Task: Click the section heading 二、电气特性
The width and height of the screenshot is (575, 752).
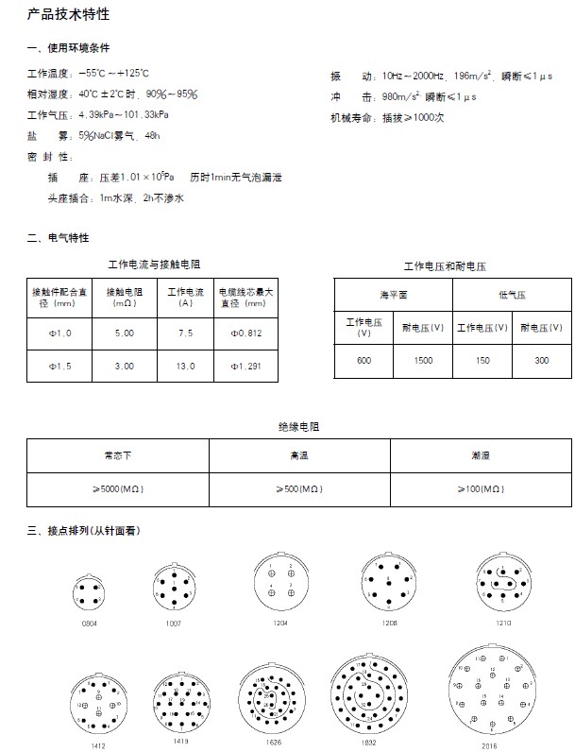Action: [x=59, y=237]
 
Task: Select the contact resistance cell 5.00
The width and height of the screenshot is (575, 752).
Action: [x=124, y=333]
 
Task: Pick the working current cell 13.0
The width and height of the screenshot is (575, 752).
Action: [x=186, y=366]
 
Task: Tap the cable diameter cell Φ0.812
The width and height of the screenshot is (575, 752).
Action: [x=246, y=333]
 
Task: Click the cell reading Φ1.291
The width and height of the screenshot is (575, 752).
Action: [x=246, y=366]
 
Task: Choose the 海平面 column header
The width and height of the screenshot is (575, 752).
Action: [x=393, y=295]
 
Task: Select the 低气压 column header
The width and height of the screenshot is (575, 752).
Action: [x=511, y=295]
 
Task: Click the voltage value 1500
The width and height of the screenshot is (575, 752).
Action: [x=423, y=361]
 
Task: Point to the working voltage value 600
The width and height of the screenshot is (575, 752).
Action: [x=364, y=361]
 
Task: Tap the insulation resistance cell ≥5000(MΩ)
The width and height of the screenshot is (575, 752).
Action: [x=118, y=488]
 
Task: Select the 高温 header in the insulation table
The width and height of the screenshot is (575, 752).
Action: [x=299, y=455]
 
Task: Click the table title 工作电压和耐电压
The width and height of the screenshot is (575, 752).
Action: [x=446, y=265]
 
